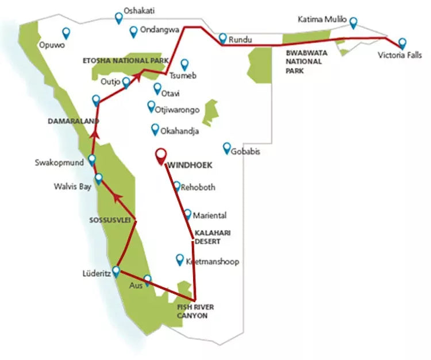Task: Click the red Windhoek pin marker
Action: [161, 156]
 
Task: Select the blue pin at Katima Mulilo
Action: [353, 22]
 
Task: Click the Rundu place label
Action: [240, 40]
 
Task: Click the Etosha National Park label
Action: [125, 60]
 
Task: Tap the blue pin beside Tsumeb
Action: [184, 64]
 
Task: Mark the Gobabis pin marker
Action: [227, 148]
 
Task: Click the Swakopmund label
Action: [59, 162]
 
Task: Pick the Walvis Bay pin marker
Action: [98, 179]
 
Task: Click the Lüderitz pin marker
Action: [116, 270]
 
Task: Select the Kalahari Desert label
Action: [207, 238]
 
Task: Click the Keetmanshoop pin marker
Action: [179, 259]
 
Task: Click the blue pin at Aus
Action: [147, 279]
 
